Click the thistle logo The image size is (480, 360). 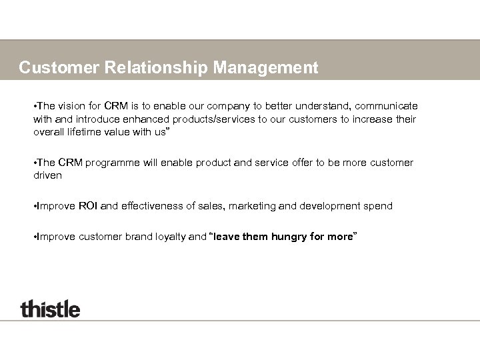[50, 309]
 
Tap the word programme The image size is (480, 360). [117, 163]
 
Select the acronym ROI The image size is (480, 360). [87, 207]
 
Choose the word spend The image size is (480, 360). [378, 207]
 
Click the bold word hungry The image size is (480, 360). [289, 236]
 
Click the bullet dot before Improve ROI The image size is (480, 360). [35, 207]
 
